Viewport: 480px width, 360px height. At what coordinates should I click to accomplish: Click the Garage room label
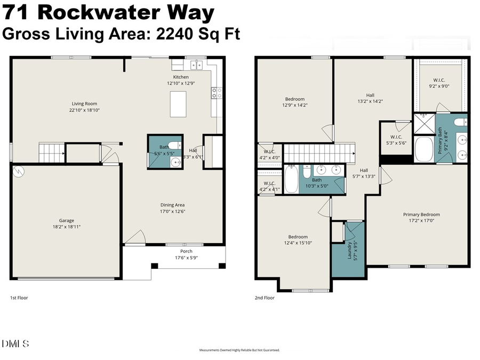pyautogui.click(x=66, y=220)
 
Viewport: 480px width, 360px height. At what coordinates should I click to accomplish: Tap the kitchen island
pyautogui.click(x=178, y=103)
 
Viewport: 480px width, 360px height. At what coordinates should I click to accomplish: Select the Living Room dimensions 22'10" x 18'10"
pyautogui.click(x=84, y=110)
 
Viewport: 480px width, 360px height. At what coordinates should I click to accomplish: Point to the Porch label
pyautogui.click(x=186, y=251)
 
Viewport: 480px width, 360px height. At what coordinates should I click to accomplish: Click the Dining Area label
pyautogui.click(x=172, y=205)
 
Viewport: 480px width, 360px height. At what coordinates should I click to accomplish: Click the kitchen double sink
pyautogui.click(x=196, y=65)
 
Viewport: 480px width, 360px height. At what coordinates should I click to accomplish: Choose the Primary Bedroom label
pyautogui.click(x=421, y=214)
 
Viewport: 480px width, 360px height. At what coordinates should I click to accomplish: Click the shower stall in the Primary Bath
pyautogui.click(x=425, y=124)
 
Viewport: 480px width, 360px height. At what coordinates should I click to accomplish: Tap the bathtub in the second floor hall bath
pyautogui.click(x=291, y=180)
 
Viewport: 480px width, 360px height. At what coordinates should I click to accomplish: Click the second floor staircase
pyautogui.click(x=319, y=153)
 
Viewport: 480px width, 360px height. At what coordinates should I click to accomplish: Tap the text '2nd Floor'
pyautogui.click(x=264, y=298)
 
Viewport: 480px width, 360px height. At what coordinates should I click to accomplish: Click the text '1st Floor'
pyautogui.click(x=20, y=298)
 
